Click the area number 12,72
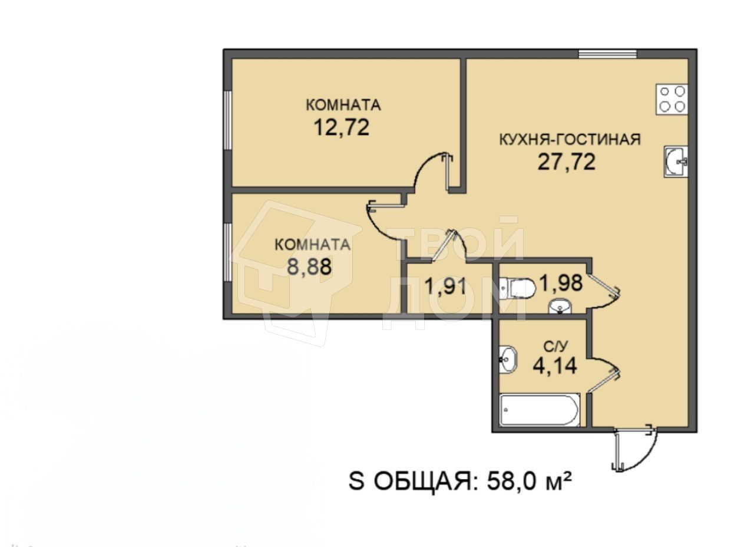click(342, 127)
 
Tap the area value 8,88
click(309, 266)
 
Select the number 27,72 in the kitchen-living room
click(567, 162)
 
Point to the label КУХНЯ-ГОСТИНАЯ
click(570, 140)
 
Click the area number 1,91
click(445, 286)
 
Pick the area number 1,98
click(561, 282)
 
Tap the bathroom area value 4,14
click(555, 365)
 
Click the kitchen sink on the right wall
click(676, 162)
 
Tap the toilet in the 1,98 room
click(517, 289)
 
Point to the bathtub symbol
click(540, 410)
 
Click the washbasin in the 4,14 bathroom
click(508, 360)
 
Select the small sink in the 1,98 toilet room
click(560, 307)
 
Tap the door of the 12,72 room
click(434, 172)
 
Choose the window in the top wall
click(608, 54)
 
